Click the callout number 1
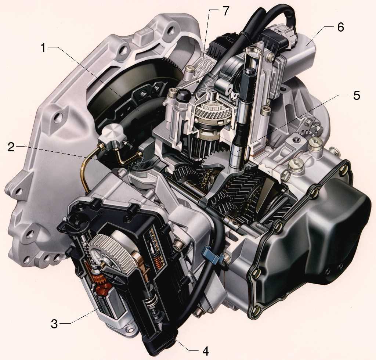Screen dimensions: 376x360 [x=43, y=48]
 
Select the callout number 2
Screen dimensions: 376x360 [x=11, y=147]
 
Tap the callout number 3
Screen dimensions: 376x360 [x=54, y=324]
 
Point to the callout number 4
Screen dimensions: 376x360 [x=205, y=351]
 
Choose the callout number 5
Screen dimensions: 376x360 [x=357, y=95]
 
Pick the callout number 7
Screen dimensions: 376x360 [x=226, y=11]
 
